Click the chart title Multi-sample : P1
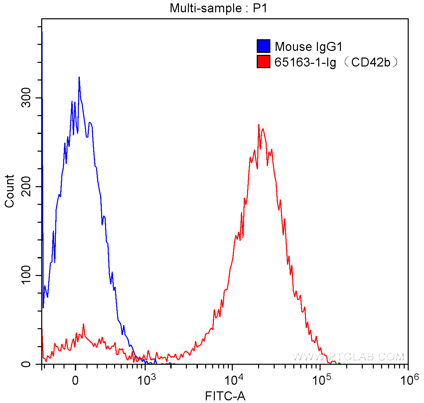(218, 8)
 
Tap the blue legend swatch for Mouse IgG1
(263, 46)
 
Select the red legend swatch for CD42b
(263, 62)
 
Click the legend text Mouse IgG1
(308, 47)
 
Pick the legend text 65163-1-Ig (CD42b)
(336, 62)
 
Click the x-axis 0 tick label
(75, 379)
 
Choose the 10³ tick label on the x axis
(145, 378)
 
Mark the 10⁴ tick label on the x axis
(233, 378)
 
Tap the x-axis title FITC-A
(225, 396)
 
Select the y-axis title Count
(10, 191)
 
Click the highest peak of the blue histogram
(79, 77)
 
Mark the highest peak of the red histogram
(259, 125)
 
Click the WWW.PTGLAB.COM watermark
(349, 357)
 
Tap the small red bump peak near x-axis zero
(83, 324)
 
